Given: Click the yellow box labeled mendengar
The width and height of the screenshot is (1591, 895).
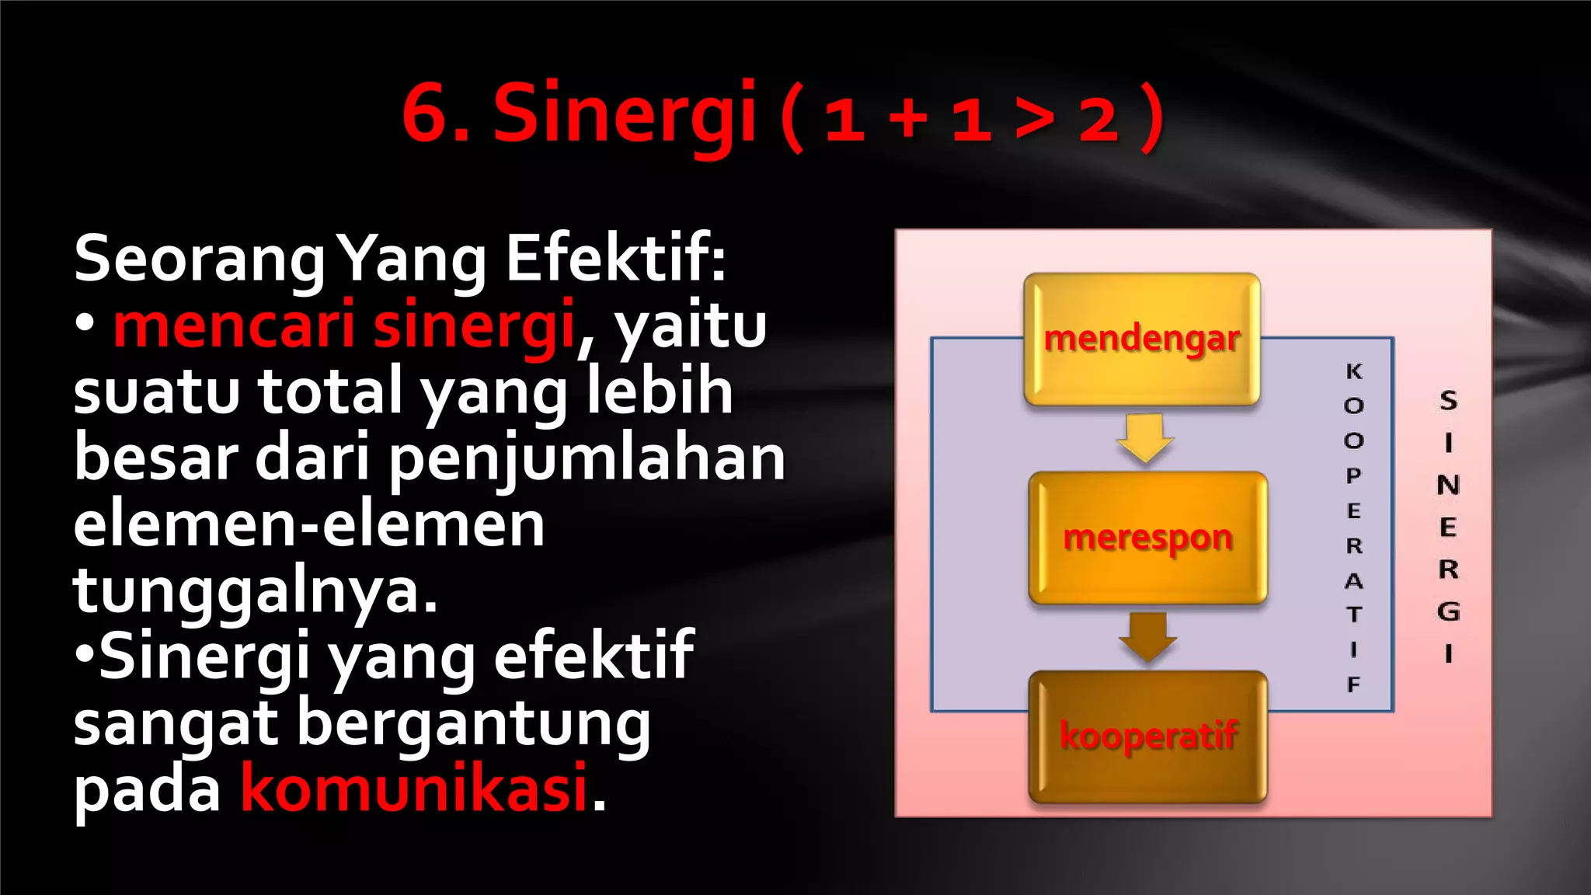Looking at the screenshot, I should tap(1141, 340).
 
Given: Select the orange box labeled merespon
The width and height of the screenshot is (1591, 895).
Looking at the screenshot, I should tap(1147, 538).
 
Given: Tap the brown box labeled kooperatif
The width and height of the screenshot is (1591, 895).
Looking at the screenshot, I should tap(1147, 736).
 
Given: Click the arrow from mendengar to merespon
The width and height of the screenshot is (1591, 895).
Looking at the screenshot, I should tap(1144, 437).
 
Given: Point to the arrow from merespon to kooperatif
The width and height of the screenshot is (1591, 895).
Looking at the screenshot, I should tap(1147, 636).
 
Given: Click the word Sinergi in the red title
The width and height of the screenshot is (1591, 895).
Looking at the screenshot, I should tap(625, 115).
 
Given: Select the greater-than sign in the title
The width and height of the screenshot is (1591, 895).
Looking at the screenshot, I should tap(1035, 120).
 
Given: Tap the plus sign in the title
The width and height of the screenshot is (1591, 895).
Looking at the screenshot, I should tap(908, 120).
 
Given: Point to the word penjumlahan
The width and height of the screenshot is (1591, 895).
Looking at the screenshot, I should tap(587, 458).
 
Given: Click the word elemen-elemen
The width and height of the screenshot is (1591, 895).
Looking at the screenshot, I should tap(309, 524).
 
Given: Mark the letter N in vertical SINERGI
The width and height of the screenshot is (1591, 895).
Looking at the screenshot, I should tap(1448, 485).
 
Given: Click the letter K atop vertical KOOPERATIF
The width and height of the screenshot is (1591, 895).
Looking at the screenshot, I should tap(1354, 371).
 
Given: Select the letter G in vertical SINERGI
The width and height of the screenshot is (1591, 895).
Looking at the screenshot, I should tap(1448, 611).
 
